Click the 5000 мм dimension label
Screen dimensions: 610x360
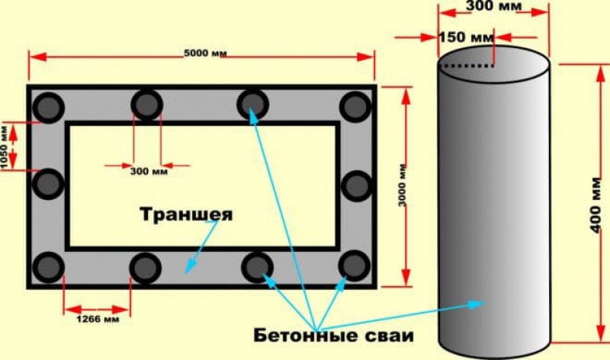(205, 53)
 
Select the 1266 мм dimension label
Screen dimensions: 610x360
(98, 320)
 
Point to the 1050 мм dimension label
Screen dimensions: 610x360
(4, 146)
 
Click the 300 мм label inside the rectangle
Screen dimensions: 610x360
(149, 172)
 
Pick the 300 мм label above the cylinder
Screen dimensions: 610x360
(494, 6)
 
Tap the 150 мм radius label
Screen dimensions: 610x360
(467, 37)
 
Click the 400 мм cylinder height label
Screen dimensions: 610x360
(596, 205)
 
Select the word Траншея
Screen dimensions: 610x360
(186, 214)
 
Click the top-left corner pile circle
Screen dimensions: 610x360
(49, 107)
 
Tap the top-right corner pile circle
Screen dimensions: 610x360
(355, 107)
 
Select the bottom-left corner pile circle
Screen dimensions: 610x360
(49, 268)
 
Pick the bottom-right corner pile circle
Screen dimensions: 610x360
(355, 266)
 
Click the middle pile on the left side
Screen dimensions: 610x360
(48, 184)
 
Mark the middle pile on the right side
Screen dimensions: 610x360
(357, 185)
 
